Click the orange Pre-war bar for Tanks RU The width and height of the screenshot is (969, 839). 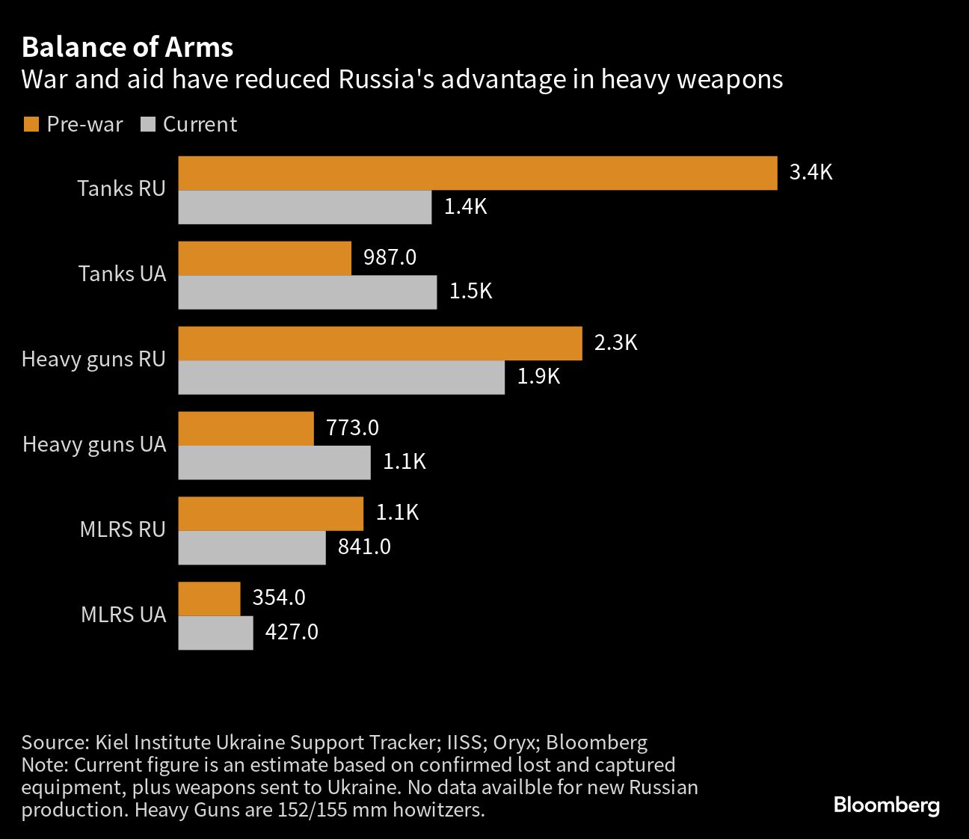point(477,173)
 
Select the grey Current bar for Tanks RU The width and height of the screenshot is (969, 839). point(304,207)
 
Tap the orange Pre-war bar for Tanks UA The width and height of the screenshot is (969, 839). point(265,258)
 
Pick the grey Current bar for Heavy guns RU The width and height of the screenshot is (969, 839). point(341,378)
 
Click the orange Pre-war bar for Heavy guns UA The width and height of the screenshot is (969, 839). point(246,428)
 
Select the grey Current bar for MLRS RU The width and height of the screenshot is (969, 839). point(252,547)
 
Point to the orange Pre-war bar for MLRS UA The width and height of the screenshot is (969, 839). point(209,599)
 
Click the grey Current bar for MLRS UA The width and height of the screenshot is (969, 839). point(215,633)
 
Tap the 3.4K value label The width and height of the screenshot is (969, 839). point(810,172)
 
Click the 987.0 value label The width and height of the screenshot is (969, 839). point(390,257)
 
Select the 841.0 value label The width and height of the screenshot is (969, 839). point(364,547)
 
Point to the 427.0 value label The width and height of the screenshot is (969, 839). point(292,632)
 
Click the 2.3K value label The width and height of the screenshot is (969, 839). point(615,342)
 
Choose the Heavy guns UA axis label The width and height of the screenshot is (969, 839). point(94,444)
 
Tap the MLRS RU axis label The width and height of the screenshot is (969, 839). point(123,529)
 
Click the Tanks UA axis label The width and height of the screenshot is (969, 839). point(122,274)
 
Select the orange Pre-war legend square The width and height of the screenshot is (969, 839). point(31,124)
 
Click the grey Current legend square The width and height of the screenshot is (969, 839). point(147,124)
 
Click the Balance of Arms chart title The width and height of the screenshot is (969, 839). point(127,47)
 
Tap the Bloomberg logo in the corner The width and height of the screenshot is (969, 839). point(886,805)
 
